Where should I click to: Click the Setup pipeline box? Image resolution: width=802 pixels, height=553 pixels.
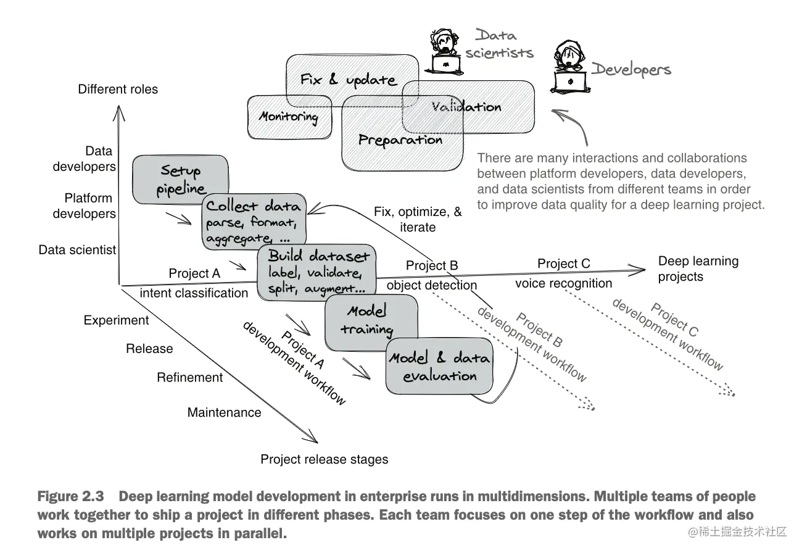[x=180, y=180]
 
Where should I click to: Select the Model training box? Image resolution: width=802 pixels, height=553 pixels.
[x=371, y=322]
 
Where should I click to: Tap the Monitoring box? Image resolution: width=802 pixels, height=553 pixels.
[x=289, y=117]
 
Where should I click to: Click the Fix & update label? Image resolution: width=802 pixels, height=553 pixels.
[x=349, y=80]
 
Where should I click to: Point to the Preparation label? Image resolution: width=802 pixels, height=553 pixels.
[x=400, y=140]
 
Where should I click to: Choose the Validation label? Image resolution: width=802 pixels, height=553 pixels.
[x=466, y=107]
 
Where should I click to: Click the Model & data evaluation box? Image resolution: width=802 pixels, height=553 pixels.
[x=439, y=366]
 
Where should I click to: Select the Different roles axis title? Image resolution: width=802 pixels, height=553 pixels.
[x=118, y=89]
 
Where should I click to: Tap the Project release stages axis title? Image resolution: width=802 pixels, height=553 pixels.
[x=324, y=459]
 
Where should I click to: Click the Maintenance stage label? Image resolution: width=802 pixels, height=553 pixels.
[x=224, y=412]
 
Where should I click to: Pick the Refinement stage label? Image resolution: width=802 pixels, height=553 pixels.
[x=190, y=377]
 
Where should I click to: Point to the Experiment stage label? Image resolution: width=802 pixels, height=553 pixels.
[x=116, y=320]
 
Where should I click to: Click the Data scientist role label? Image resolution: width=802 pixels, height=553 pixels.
[x=77, y=249]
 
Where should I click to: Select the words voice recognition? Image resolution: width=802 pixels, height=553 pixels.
[x=563, y=283]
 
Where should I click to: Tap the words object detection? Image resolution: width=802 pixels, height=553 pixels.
[x=432, y=285]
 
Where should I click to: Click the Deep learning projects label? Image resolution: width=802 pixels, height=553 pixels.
[x=698, y=268]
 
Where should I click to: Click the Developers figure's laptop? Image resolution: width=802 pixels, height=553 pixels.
[x=571, y=82]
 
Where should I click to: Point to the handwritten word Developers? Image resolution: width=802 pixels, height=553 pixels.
[x=631, y=70]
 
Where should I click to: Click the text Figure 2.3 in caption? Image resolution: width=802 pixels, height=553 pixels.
[x=70, y=496]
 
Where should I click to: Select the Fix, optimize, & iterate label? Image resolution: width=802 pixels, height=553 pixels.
[x=418, y=219]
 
